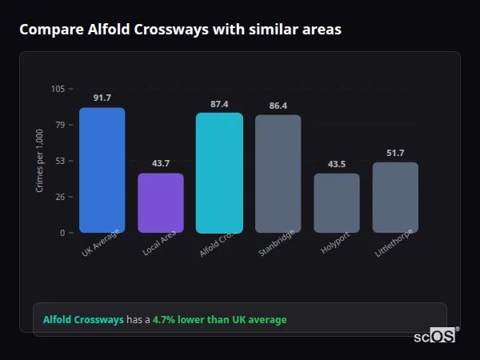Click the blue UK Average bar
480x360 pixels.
(102, 170)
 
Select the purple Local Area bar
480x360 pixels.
(161, 203)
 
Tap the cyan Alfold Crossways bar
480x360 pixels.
(219, 173)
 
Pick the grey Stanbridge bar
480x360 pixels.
(278, 174)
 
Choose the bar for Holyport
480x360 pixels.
(337, 203)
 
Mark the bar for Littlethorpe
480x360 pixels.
(395, 198)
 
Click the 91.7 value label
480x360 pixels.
(102, 98)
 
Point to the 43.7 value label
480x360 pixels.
(161, 163)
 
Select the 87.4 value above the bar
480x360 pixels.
(219, 104)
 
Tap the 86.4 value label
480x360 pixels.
(278, 106)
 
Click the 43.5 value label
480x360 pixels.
(337, 164)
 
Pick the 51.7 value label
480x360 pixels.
(395, 153)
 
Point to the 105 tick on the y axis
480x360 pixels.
(58, 89)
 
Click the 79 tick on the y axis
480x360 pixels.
(60, 125)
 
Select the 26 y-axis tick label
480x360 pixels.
(60, 197)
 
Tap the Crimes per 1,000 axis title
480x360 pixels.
(39, 162)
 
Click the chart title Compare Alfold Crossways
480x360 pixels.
(180, 30)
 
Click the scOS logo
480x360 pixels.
(435, 336)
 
